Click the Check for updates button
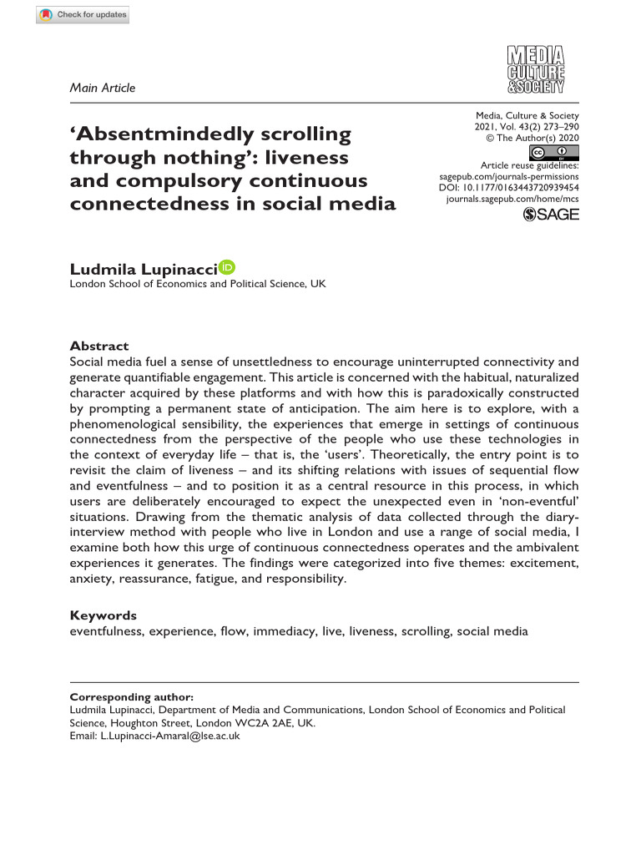pos(83,14)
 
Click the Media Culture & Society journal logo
pos(537,70)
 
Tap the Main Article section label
pos(102,88)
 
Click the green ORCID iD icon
pos(226,267)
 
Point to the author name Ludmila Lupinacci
pos(143,268)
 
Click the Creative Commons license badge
pos(554,153)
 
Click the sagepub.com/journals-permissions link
pos(508,178)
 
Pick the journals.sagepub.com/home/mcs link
pos(512,201)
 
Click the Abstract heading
pos(98,346)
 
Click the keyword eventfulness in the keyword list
pos(105,631)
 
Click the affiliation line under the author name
pos(197,284)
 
